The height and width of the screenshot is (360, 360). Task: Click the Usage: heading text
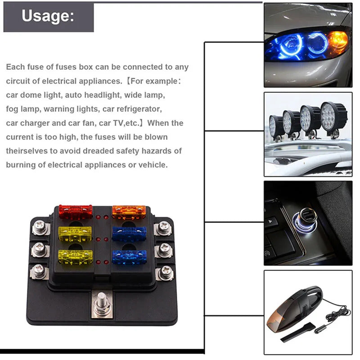[48, 16]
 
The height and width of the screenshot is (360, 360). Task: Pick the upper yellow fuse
[75, 234]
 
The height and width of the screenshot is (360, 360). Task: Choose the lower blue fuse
[129, 257]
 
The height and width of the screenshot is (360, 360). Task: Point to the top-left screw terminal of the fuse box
[40, 228]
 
